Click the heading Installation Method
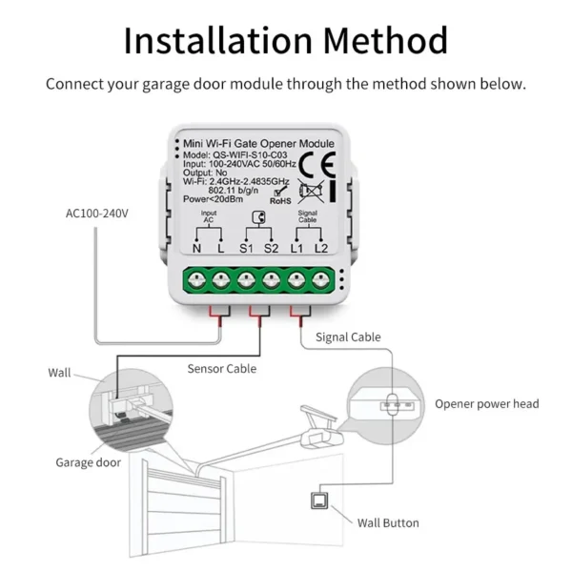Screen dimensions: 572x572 pyautogui.click(x=286, y=40)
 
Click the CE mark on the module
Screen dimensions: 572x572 pyautogui.click(x=317, y=163)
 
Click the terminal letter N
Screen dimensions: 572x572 pyautogui.click(x=196, y=248)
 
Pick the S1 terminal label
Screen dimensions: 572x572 pyautogui.click(x=245, y=248)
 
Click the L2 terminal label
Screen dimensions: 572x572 pyautogui.click(x=321, y=248)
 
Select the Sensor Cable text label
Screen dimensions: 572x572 pyautogui.click(x=221, y=368)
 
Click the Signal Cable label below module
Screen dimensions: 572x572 pyautogui.click(x=348, y=337)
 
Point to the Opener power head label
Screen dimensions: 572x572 pyautogui.click(x=486, y=403)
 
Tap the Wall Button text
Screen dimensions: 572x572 pyautogui.click(x=388, y=522)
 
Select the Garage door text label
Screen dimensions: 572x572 pyautogui.click(x=88, y=462)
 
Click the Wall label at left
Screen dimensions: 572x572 pyautogui.click(x=59, y=373)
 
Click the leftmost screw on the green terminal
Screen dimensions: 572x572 pyautogui.click(x=196, y=279)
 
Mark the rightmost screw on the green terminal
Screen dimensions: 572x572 pyautogui.click(x=321, y=279)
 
